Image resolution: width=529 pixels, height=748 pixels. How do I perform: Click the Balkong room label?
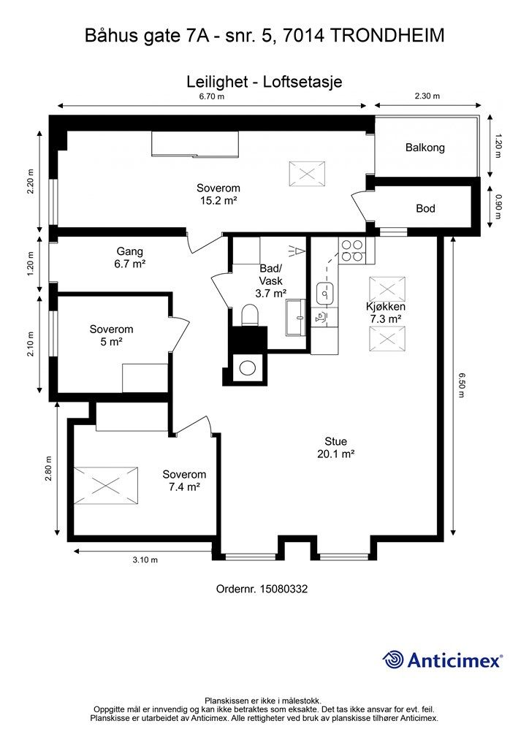425,148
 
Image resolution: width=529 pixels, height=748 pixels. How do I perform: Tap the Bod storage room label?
425,208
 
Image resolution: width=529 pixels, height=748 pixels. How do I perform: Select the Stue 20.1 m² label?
336,448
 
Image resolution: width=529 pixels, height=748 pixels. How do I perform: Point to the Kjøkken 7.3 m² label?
385,313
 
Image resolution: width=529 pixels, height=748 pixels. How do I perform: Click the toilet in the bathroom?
249,316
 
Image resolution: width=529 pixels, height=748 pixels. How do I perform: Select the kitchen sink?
325,293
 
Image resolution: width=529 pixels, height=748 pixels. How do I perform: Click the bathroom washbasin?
297,317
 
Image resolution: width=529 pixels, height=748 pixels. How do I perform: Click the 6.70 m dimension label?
212,96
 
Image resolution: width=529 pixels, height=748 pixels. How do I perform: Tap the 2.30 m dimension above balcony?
427,96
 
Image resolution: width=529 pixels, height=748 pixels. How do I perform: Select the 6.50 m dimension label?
461,385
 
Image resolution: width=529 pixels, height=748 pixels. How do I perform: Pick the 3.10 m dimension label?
145,560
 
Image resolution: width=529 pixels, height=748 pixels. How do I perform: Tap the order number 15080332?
283,589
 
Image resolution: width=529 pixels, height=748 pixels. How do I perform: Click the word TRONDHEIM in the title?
387,36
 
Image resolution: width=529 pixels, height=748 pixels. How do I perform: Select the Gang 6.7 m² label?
130,257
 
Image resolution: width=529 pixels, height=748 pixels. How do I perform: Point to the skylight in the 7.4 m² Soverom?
105,486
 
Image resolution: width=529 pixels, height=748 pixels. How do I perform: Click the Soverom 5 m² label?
111,335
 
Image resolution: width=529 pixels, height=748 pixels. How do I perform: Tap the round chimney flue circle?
248,368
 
